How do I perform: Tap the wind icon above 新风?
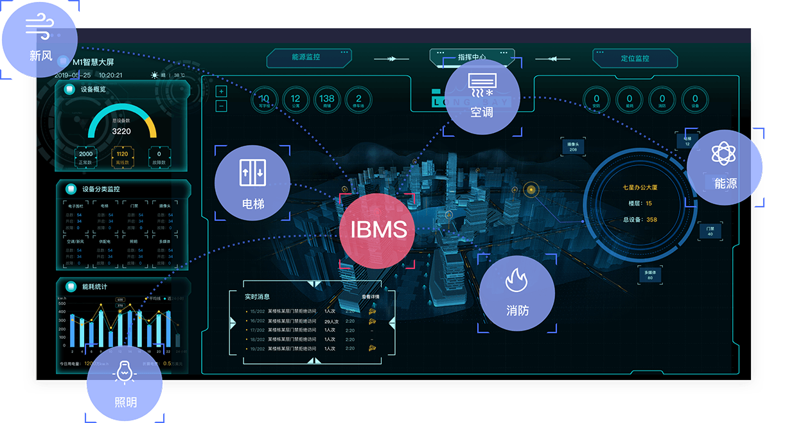click(40, 26)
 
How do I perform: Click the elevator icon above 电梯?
click(252, 173)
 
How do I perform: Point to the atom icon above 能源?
click(724, 154)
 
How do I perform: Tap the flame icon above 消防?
click(517, 281)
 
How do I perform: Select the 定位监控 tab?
click(635, 58)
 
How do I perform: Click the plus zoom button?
click(222, 92)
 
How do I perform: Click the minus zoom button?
click(222, 106)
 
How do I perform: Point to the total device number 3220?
click(121, 131)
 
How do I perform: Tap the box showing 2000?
click(86, 155)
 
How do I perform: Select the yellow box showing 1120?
click(122, 155)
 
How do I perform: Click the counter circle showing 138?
click(327, 99)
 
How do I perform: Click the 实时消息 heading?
click(257, 297)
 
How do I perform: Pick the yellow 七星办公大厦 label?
click(640, 188)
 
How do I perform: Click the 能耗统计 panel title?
click(94, 287)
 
